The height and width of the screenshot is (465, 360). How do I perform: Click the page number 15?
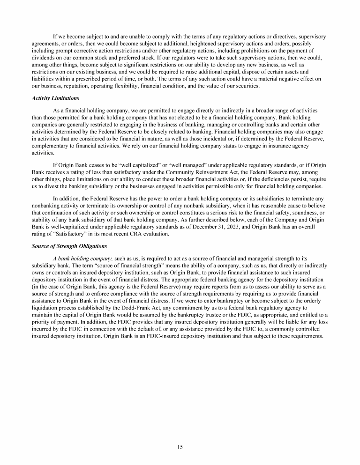[x=180, y=447]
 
